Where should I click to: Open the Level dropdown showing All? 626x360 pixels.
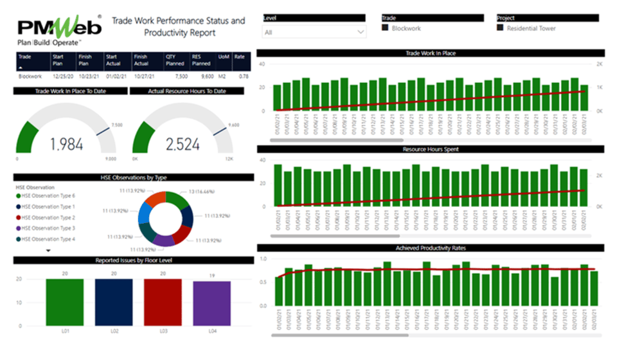(314, 32)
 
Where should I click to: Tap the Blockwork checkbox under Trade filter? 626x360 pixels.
(386, 28)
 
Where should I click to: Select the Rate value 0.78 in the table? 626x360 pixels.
(244, 75)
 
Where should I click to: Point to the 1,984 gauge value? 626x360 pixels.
(67, 144)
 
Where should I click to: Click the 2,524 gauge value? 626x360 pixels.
(183, 144)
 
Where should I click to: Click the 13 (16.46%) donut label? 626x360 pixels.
(203, 192)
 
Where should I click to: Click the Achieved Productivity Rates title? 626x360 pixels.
(430, 248)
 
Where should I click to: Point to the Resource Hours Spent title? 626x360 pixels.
(430, 149)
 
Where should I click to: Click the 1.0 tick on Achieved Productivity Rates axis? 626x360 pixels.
(262, 258)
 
